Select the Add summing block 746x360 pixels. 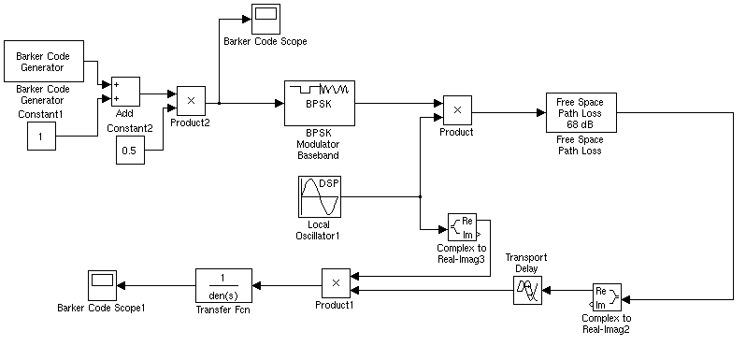click(x=125, y=91)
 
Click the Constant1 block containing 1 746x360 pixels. click(x=39, y=138)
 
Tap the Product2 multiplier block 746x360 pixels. click(x=191, y=98)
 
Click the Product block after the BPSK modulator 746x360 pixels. click(x=457, y=109)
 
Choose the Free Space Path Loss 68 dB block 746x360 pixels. click(x=580, y=113)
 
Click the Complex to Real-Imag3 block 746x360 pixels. click(x=464, y=226)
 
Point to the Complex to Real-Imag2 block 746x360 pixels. click(x=607, y=299)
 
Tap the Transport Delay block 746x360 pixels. click(x=527, y=291)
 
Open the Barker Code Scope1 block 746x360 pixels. click(x=101, y=284)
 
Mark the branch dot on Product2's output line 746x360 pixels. click(x=219, y=103)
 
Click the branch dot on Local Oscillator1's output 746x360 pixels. click(x=421, y=197)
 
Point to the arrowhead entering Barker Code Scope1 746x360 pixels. click(x=120, y=284)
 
